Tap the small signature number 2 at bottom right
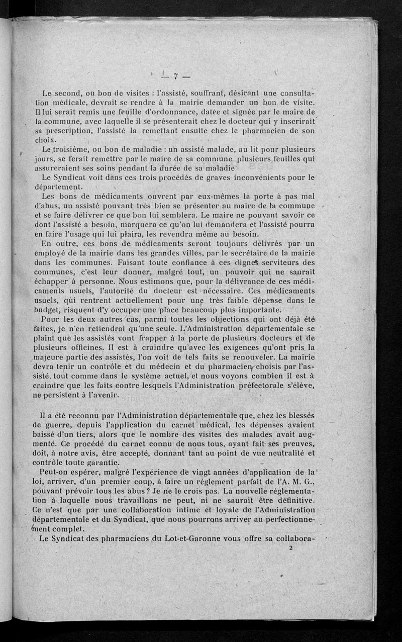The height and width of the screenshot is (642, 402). click(x=291, y=549)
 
